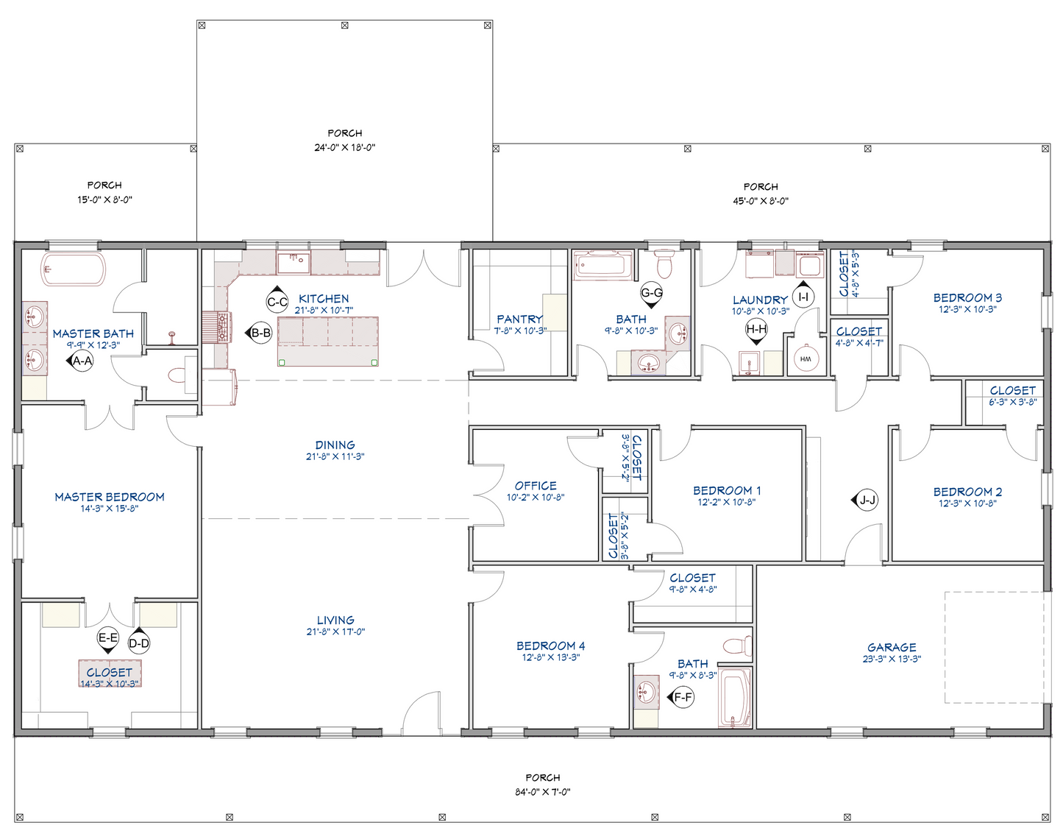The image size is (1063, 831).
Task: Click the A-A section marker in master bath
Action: tap(82, 361)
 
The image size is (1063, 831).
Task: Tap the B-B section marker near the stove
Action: tap(260, 333)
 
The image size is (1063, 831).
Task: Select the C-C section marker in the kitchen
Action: tap(277, 301)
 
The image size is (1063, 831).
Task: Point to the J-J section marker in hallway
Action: tap(867, 501)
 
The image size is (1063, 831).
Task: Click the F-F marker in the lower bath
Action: tap(683, 697)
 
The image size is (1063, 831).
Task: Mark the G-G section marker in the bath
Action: tap(652, 292)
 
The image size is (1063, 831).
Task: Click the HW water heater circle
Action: tap(806, 359)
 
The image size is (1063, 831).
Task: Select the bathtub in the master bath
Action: tap(74, 269)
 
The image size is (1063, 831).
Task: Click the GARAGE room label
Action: tap(892, 647)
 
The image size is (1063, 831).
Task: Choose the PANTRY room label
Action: tap(519, 319)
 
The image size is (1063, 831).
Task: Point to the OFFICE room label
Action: tap(536, 486)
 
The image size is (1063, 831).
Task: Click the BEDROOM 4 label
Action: tap(550, 646)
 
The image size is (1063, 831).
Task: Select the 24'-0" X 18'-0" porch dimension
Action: tap(344, 147)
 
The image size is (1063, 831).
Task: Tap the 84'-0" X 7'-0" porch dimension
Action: tap(543, 792)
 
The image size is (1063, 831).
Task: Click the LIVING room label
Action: tap(335, 620)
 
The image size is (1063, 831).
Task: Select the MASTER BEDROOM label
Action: tap(110, 497)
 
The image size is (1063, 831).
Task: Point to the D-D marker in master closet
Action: tap(139, 643)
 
